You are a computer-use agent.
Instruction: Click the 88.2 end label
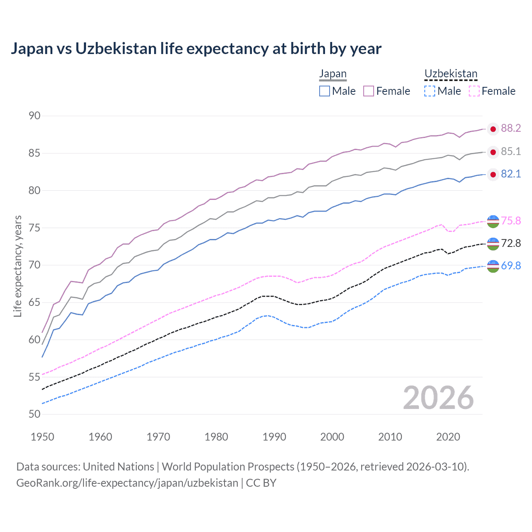pyautogui.click(x=511, y=128)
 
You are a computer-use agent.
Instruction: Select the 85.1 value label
pyautogui.click(x=511, y=152)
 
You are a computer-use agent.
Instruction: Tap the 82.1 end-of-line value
pyautogui.click(x=511, y=174)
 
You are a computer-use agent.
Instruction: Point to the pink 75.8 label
pyautogui.click(x=511, y=221)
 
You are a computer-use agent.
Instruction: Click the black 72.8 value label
pyautogui.click(x=511, y=243)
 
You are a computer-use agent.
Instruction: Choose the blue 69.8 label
pyautogui.click(x=511, y=266)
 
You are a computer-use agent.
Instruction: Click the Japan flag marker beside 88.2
pyautogui.click(x=493, y=129)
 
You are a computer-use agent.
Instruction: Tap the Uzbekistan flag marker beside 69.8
pyautogui.click(x=493, y=266)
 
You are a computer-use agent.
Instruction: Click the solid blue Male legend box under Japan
pyautogui.click(x=325, y=91)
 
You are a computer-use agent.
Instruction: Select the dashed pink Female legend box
pyautogui.click(x=474, y=91)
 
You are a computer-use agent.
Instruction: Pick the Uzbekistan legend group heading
pyautogui.click(x=451, y=74)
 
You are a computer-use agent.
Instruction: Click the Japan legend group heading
pyautogui.click(x=332, y=74)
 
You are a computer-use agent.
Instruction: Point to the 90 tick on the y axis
pyautogui.click(x=34, y=116)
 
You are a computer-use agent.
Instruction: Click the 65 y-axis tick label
pyautogui.click(x=34, y=302)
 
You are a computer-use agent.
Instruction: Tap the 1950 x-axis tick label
pyautogui.click(x=42, y=437)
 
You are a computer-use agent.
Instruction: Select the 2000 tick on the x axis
pyautogui.click(x=332, y=437)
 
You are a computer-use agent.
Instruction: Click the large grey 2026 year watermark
pyautogui.click(x=438, y=398)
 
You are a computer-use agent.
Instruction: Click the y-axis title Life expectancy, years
pyautogui.click(x=17, y=266)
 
